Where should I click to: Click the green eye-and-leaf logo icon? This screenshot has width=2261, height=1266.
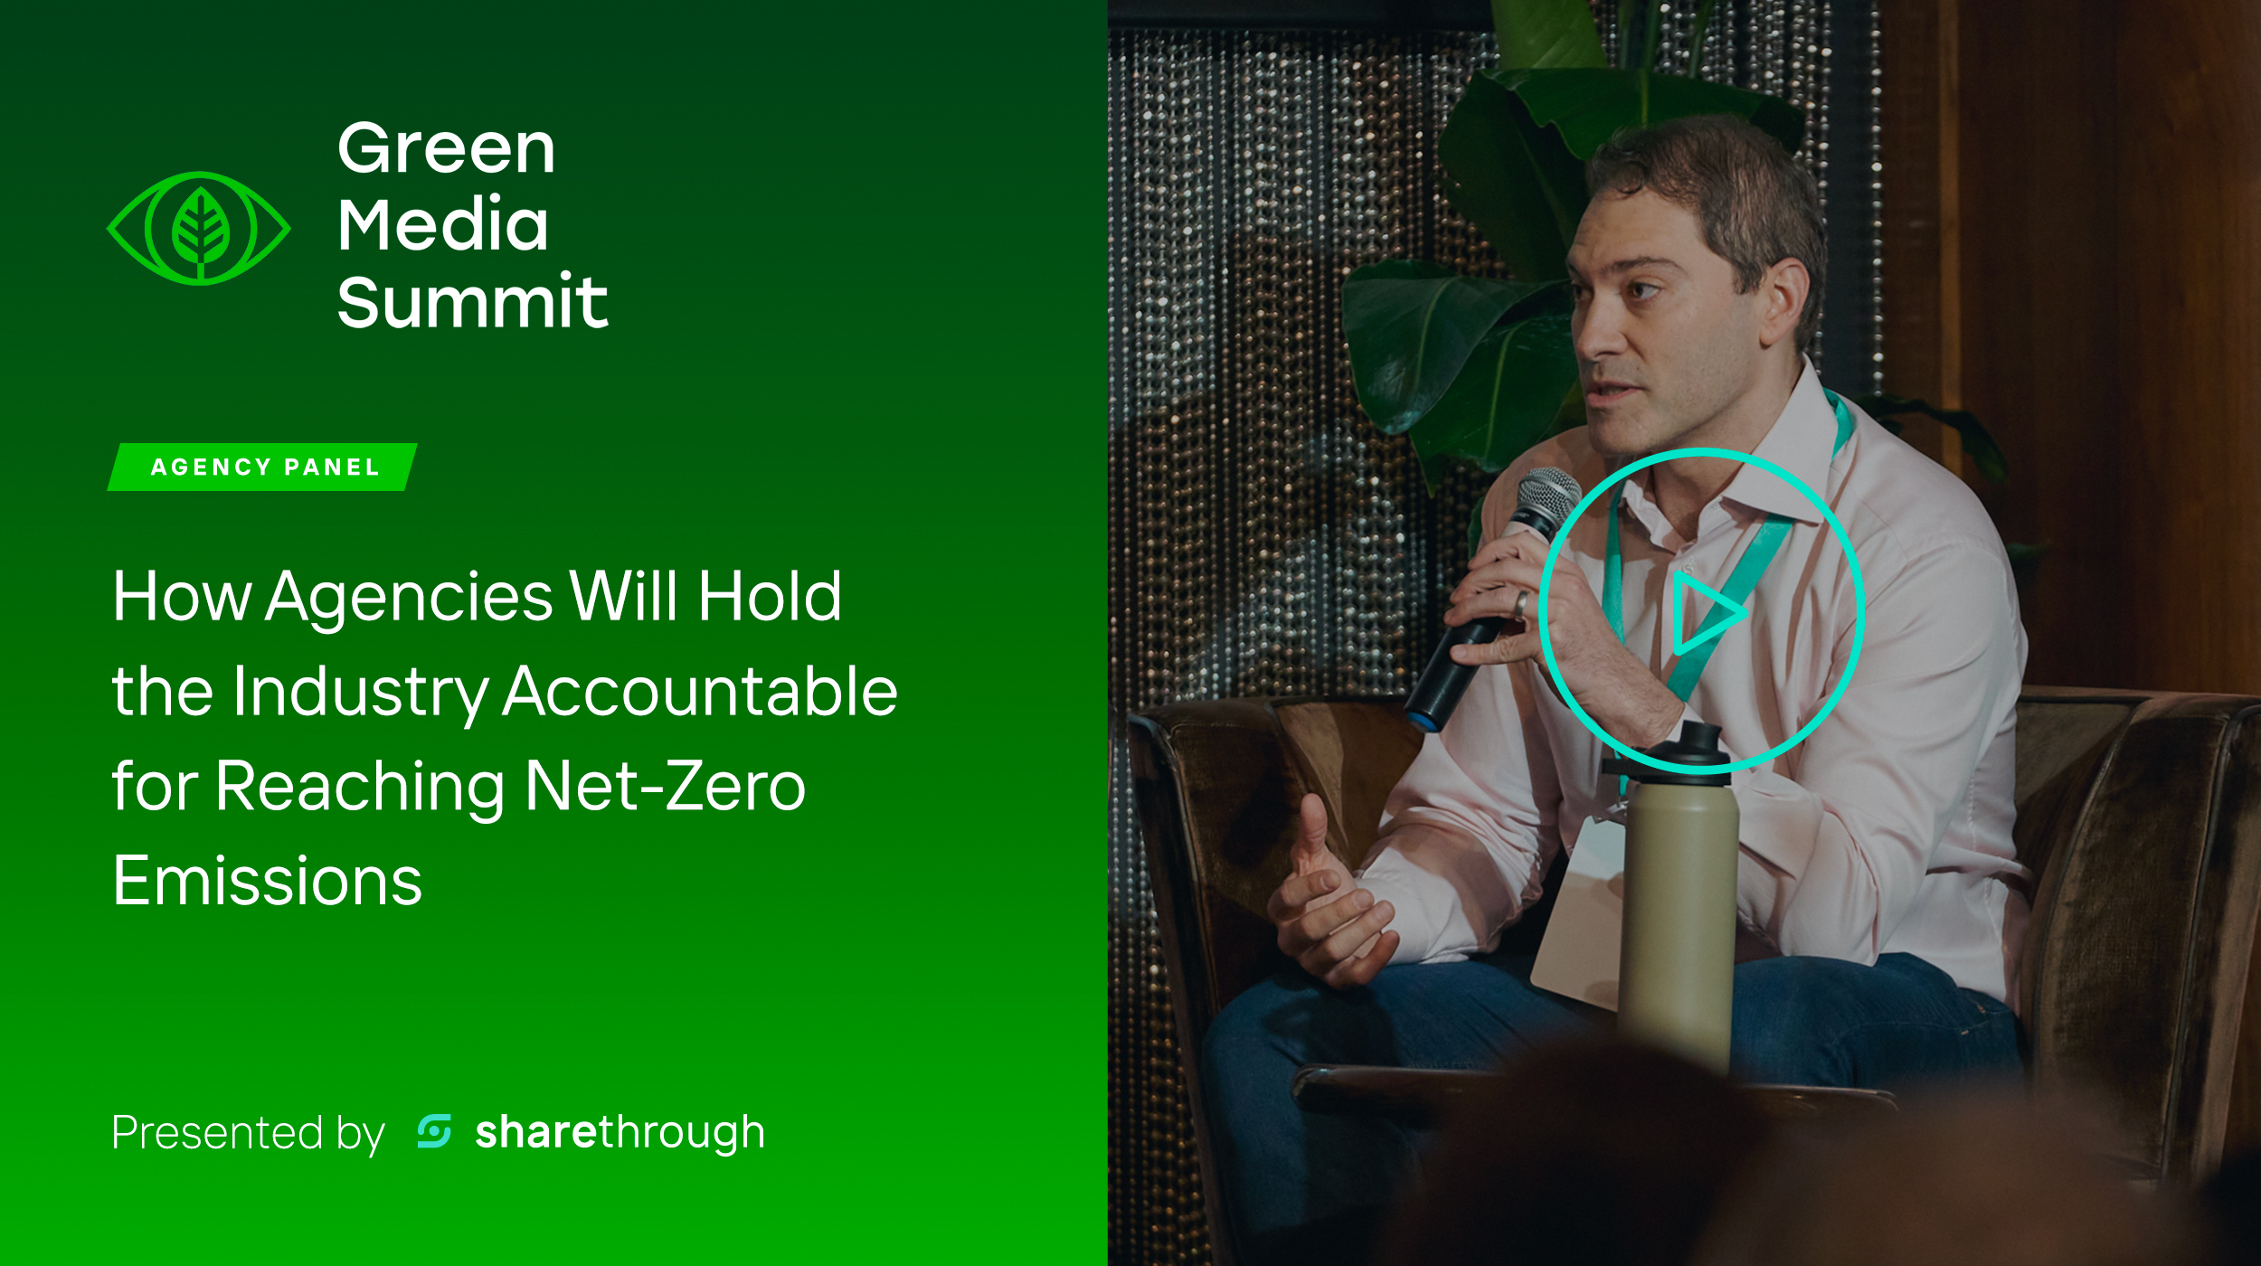[199, 228]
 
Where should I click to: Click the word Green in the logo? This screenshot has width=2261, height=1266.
[446, 148]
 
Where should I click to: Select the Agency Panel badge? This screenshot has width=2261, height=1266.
[262, 468]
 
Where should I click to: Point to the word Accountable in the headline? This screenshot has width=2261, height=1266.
[700, 692]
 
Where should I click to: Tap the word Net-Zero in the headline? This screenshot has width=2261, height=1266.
[665, 787]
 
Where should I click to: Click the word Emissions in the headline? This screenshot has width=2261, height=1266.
[268, 882]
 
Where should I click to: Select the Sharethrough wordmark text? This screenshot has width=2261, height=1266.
[620, 1133]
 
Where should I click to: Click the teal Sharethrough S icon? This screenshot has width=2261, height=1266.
[434, 1131]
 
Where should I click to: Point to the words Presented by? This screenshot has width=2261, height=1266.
[249, 1134]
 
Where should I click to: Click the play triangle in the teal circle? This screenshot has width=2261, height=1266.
[1706, 613]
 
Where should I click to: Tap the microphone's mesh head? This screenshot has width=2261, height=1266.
[1547, 503]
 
